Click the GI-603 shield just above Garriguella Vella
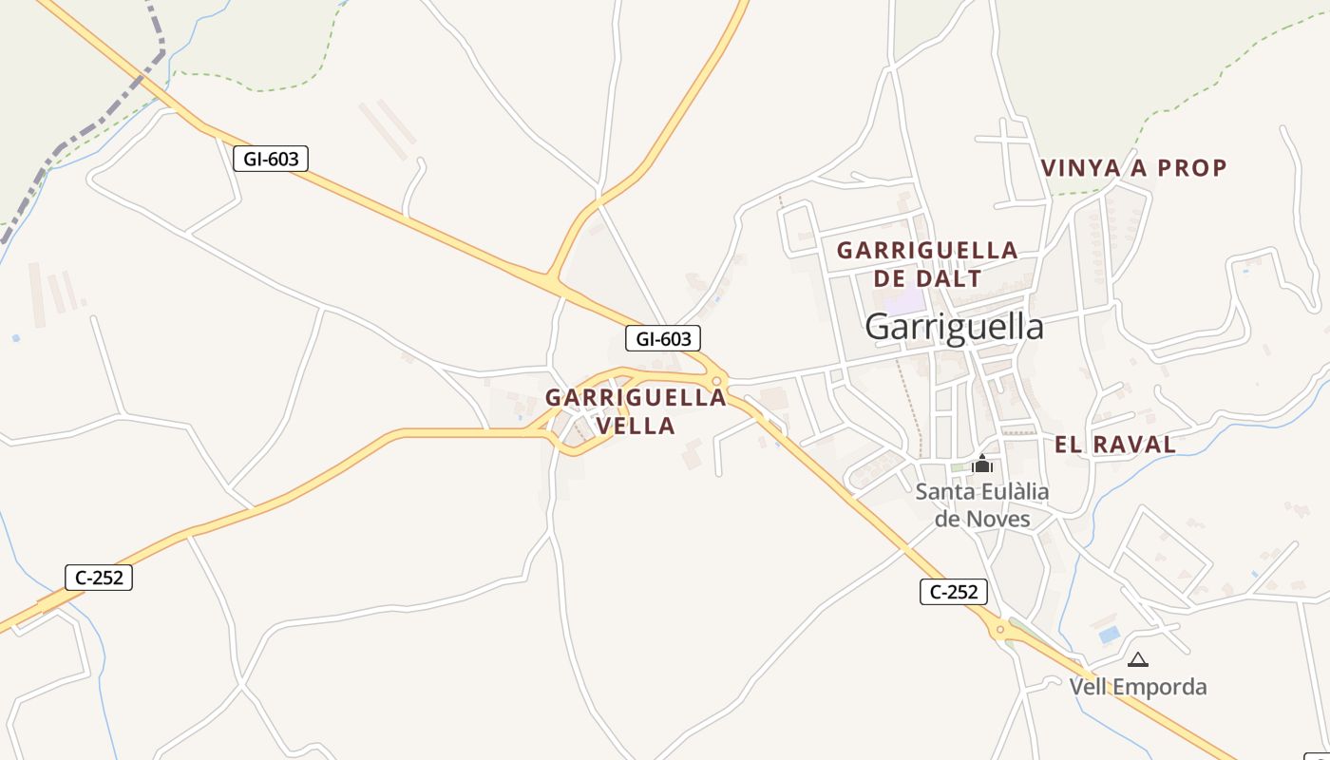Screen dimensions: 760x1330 coord(663,338)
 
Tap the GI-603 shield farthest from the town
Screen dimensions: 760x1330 coord(271,159)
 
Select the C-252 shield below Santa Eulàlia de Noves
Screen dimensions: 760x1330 coord(954,592)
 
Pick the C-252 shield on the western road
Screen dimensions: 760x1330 coord(99,577)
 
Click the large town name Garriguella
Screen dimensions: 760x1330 coord(954,327)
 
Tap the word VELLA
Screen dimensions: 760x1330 coord(636,426)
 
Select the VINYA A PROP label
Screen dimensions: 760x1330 coord(1133,168)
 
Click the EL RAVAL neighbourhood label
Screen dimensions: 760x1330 coord(1114,444)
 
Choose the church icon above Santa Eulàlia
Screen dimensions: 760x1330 coord(982,464)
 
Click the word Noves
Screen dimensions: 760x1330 coord(997,519)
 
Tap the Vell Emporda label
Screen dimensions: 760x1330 coord(1137,686)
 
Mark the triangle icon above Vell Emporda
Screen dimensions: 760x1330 coord(1137,659)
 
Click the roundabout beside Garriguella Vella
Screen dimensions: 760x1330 coord(717,380)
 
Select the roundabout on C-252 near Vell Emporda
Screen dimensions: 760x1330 coord(999,629)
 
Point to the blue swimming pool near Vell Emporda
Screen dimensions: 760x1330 coord(1108,634)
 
